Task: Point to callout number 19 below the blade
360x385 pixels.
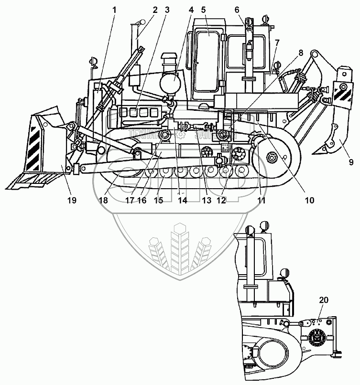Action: (x=71, y=201)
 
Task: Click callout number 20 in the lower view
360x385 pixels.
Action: (x=324, y=300)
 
